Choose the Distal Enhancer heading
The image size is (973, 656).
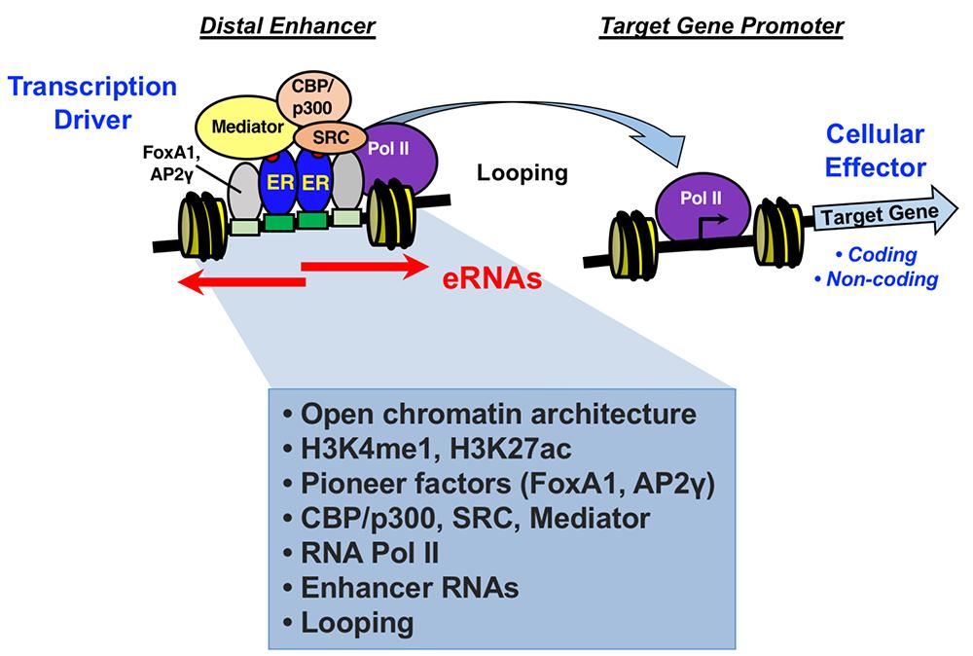click(x=287, y=27)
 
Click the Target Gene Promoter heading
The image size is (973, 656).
click(x=722, y=27)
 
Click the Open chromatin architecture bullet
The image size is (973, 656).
click(x=490, y=414)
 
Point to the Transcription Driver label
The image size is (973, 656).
click(x=93, y=103)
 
